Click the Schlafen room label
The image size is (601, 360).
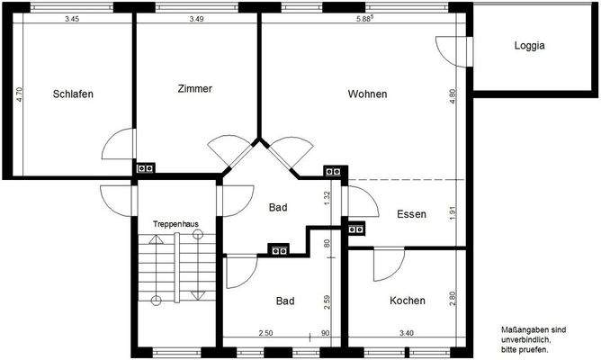[73, 94]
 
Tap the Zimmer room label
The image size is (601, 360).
[194, 88]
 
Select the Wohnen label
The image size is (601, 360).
[367, 94]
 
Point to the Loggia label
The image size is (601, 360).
[530, 46]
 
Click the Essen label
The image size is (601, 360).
[411, 214]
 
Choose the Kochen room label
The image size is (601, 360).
[408, 300]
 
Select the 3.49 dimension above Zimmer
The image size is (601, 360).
[197, 19]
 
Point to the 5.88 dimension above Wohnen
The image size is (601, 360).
[367, 19]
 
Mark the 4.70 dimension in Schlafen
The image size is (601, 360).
[20, 95]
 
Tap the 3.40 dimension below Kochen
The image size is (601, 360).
[407, 335]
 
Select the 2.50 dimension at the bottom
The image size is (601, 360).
[266, 335]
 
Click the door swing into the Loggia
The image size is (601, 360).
[447, 50]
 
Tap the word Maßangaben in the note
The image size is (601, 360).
[520, 330]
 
